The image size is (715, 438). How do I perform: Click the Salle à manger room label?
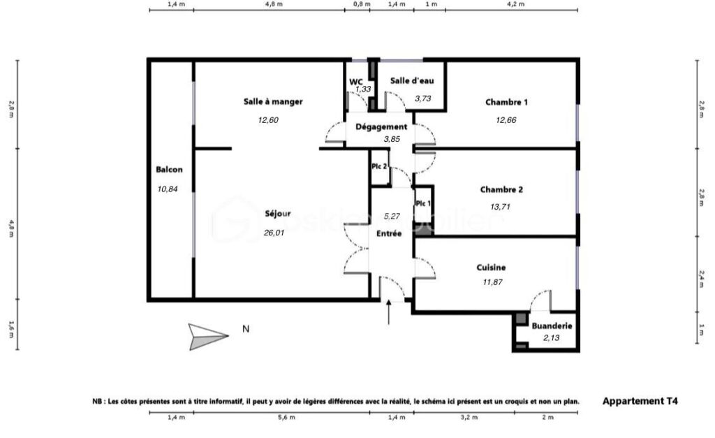pyautogui.click(x=273, y=102)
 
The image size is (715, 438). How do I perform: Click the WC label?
pyautogui.click(x=356, y=81)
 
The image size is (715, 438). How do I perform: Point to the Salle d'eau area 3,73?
pyautogui.click(x=422, y=98)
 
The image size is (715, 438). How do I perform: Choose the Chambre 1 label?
pyautogui.click(x=506, y=103)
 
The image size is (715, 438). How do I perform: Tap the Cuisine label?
pyautogui.click(x=491, y=268)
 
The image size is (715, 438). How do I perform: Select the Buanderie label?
pyautogui.click(x=552, y=326)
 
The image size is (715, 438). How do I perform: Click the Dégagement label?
pyautogui.click(x=381, y=126)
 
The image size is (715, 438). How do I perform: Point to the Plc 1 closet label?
pyautogui.click(x=423, y=203)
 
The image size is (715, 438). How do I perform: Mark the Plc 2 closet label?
pyautogui.click(x=379, y=166)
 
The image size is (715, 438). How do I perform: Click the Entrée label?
pyautogui.click(x=389, y=233)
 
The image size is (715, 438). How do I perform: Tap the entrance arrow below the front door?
pyautogui.click(x=389, y=314)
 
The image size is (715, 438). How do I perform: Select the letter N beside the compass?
pyautogui.click(x=245, y=328)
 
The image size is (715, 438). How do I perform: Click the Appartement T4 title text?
pyautogui.click(x=640, y=401)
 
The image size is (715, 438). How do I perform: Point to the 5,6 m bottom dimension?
pyautogui.click(x=281, y=418)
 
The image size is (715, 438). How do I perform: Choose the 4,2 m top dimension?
pyautogui.click(x=515, y=4)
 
